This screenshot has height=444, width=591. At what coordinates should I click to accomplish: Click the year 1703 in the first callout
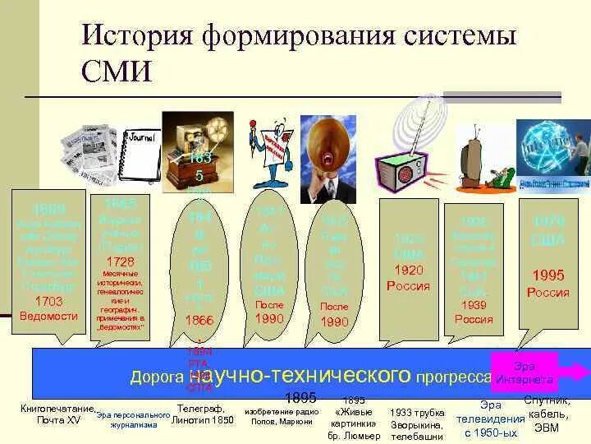click(x=49, y=302)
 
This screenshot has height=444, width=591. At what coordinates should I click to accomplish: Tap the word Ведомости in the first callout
click(x=49, y=315)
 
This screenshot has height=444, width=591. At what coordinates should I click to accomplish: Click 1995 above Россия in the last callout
click(x=548, y=275)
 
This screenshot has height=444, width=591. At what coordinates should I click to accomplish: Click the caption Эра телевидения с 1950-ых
click(x=490, y=419)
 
